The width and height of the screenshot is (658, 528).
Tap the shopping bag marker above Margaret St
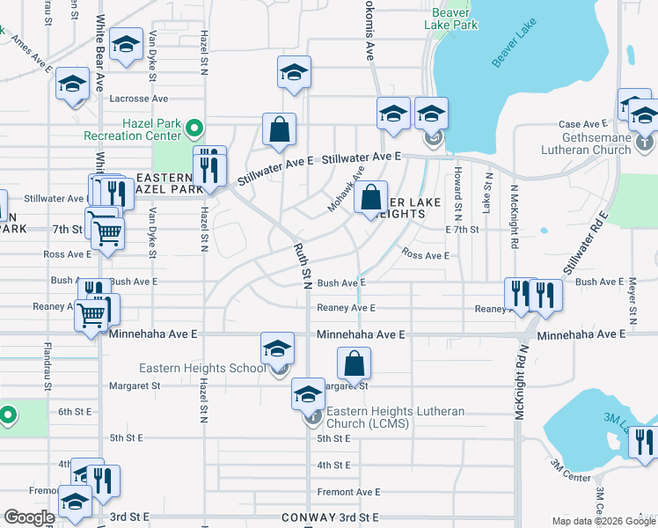point(354,363)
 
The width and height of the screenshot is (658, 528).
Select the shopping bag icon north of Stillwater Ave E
point(279,129)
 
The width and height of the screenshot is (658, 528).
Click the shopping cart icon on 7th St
point(107,233)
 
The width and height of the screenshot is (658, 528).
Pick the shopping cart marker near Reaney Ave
point(91,314)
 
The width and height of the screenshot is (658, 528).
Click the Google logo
point(29,517)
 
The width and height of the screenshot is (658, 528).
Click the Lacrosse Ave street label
point(139,99)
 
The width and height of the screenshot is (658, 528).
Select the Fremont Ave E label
point(348,492)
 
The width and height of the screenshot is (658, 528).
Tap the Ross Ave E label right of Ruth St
point(425,255)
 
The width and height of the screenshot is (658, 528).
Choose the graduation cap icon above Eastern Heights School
point(277,347)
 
